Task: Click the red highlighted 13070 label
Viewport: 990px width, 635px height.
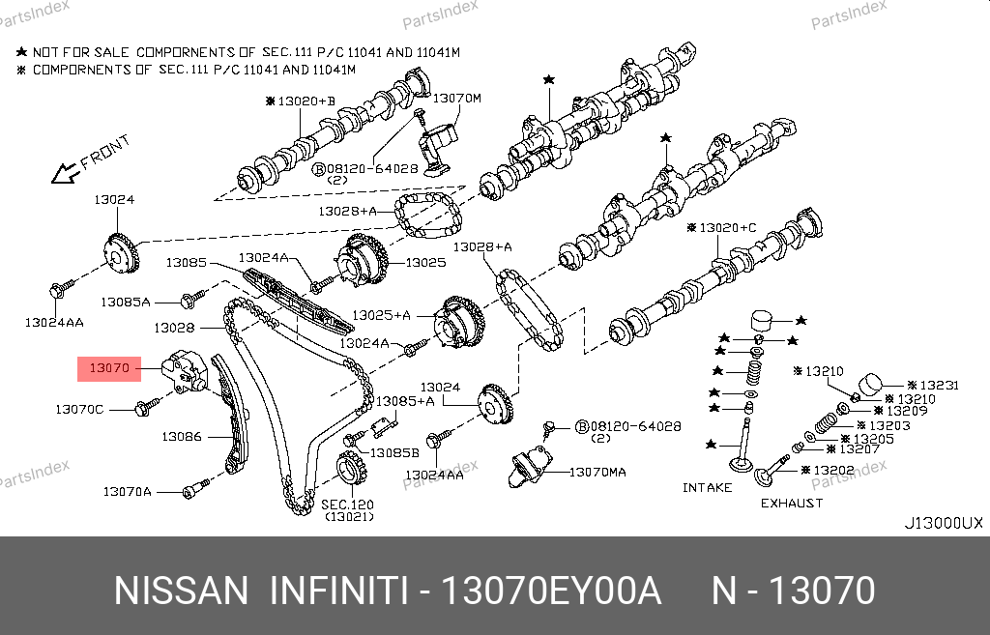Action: coord(108,368)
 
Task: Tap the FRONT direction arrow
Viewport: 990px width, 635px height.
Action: coord(66,173)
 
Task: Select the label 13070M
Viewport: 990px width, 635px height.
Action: coord(456,99)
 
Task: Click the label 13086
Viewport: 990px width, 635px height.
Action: coord(181,437)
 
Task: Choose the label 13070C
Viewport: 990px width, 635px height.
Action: coord(78,410)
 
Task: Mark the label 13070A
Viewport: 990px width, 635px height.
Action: coord(128,492)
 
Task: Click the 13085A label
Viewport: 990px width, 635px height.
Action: coord(128,302)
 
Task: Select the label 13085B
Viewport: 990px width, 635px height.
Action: coord(395,452)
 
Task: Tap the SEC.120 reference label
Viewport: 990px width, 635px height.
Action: coord(346,505)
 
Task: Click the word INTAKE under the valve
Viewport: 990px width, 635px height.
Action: coord(708,487)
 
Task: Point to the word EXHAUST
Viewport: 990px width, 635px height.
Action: coord(792,503)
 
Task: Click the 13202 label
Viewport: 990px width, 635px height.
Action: coord(833,471)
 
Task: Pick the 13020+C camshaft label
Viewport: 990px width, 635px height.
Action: coord(728,228)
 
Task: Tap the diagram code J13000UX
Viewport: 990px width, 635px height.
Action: coord(943,524)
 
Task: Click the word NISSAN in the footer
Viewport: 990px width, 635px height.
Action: coord(182,591)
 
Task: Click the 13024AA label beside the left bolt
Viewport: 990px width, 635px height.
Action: coord(54,321)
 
